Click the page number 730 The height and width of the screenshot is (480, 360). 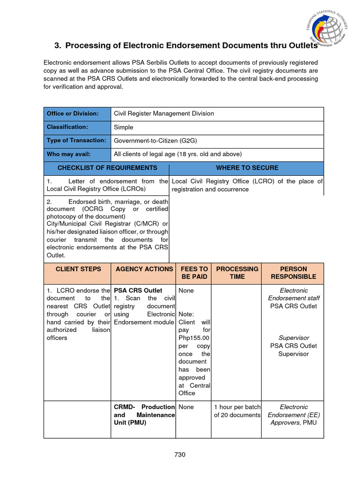click(180, 454)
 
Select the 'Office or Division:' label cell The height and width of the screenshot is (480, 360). click(72, 114)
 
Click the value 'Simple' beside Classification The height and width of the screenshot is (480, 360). click(124, 127)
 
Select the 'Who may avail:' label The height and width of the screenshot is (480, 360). click(68, 154)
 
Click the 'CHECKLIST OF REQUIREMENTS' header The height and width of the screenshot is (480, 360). click(107, 168)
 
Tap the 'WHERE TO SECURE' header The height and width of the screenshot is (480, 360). click(247, 168)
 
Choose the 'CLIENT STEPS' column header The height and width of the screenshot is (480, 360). click(78, 269)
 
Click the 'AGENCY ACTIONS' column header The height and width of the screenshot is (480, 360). click(144, 269)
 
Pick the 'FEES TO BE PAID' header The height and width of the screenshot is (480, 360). click(194, 273)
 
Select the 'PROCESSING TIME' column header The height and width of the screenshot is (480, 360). click(237, 273)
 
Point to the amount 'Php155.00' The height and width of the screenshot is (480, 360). click(194, 338)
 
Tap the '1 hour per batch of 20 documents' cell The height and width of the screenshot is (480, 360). click(237, 411)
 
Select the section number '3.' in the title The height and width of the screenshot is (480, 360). click(58, 45)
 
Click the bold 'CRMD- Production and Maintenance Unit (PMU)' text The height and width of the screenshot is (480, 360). click(144, 415)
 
